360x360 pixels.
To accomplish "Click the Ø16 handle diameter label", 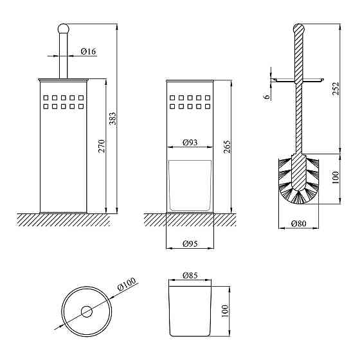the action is point(88,51).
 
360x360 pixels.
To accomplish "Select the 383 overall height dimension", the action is point(113,118).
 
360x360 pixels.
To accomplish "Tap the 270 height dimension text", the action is point(102,146).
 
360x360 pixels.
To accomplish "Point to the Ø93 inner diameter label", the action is point(190,143).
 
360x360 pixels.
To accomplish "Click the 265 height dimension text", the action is point(226,147).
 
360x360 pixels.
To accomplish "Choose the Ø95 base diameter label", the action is point(190,244).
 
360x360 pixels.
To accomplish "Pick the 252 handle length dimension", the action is point(336,89).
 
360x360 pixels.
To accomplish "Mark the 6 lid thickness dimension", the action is point(267,96).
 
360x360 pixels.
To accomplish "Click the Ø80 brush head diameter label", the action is point(299,224).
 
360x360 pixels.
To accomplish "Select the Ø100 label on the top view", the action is point(127,283).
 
